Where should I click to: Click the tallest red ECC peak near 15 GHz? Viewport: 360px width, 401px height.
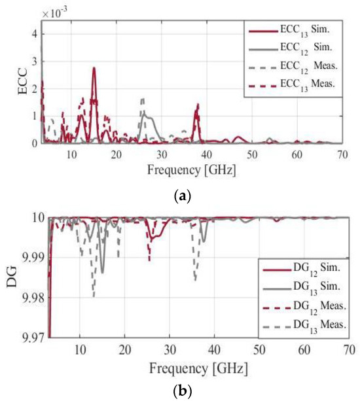click(x=94, y=69)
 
